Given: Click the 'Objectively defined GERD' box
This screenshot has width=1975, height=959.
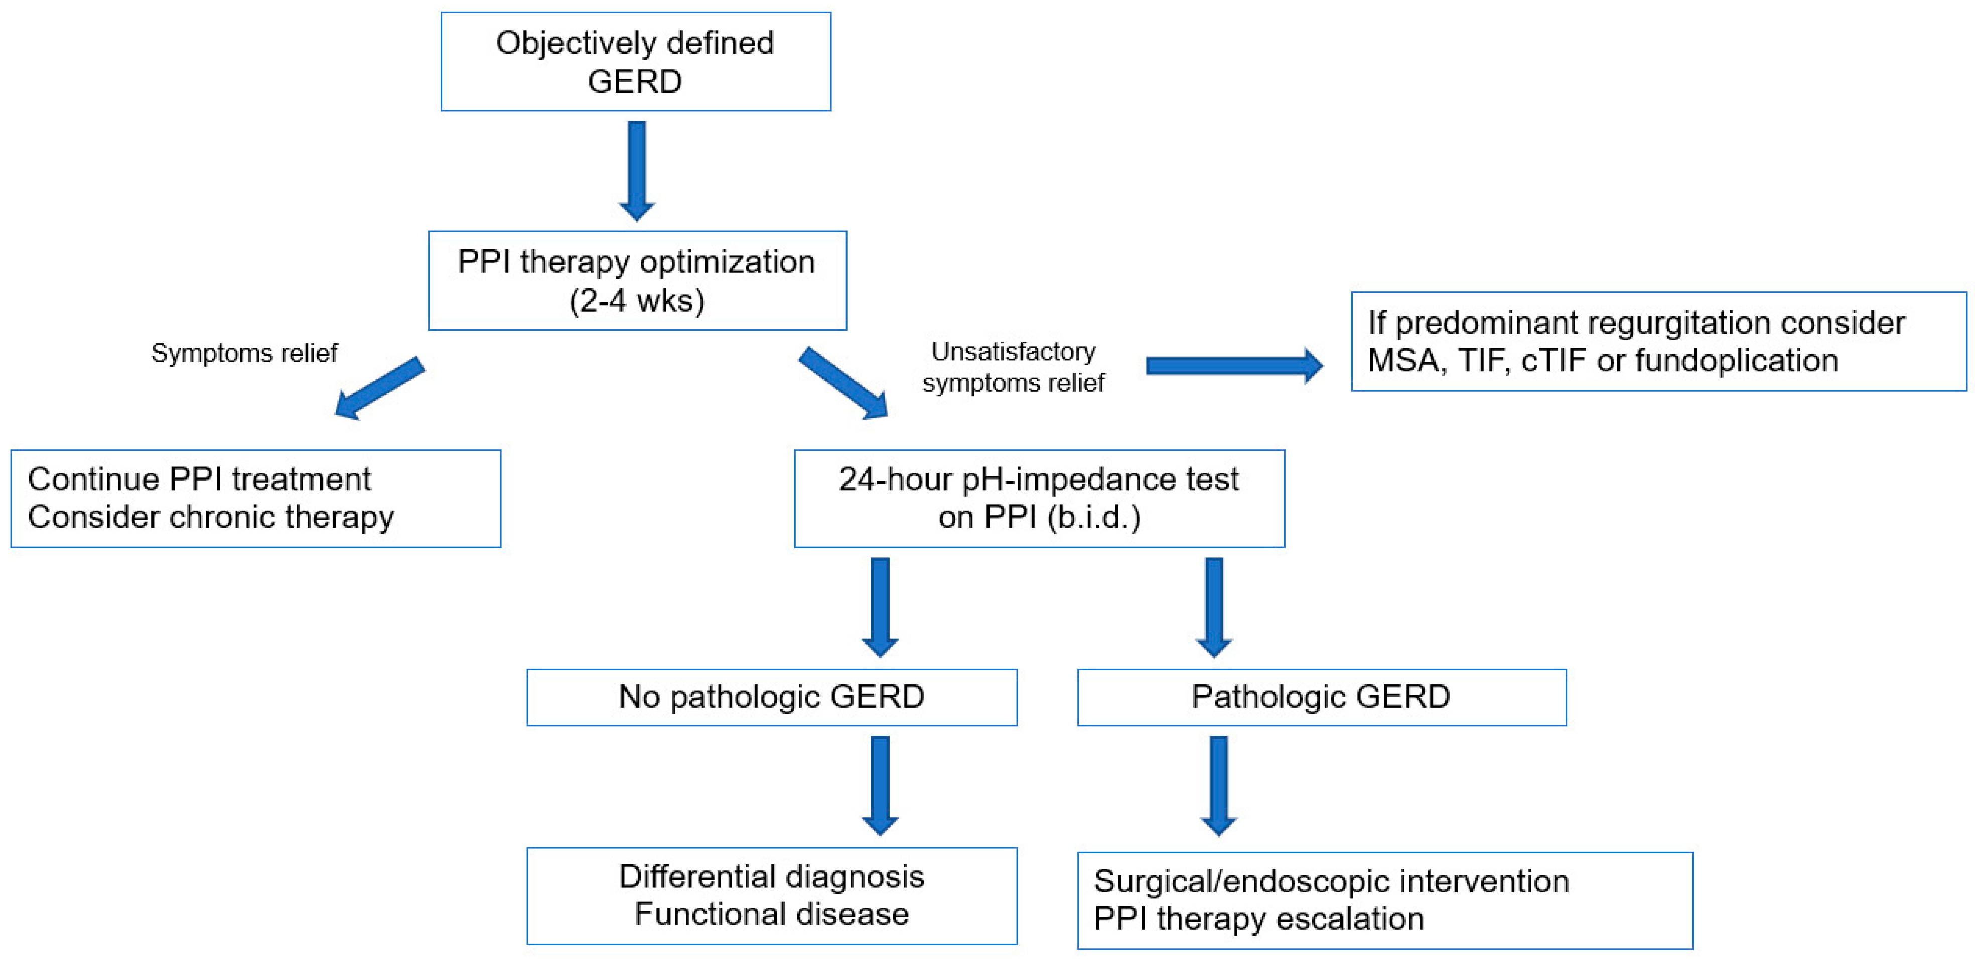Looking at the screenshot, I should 636,61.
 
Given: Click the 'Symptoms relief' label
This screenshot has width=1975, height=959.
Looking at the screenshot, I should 244,353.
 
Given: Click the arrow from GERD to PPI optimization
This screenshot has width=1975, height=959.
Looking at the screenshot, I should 636,170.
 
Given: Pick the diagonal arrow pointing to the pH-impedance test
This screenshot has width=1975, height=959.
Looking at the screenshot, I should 843,383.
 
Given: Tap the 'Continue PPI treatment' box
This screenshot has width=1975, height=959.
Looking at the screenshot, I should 255,498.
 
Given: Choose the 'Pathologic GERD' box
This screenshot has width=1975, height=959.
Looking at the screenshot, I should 1321,697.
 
